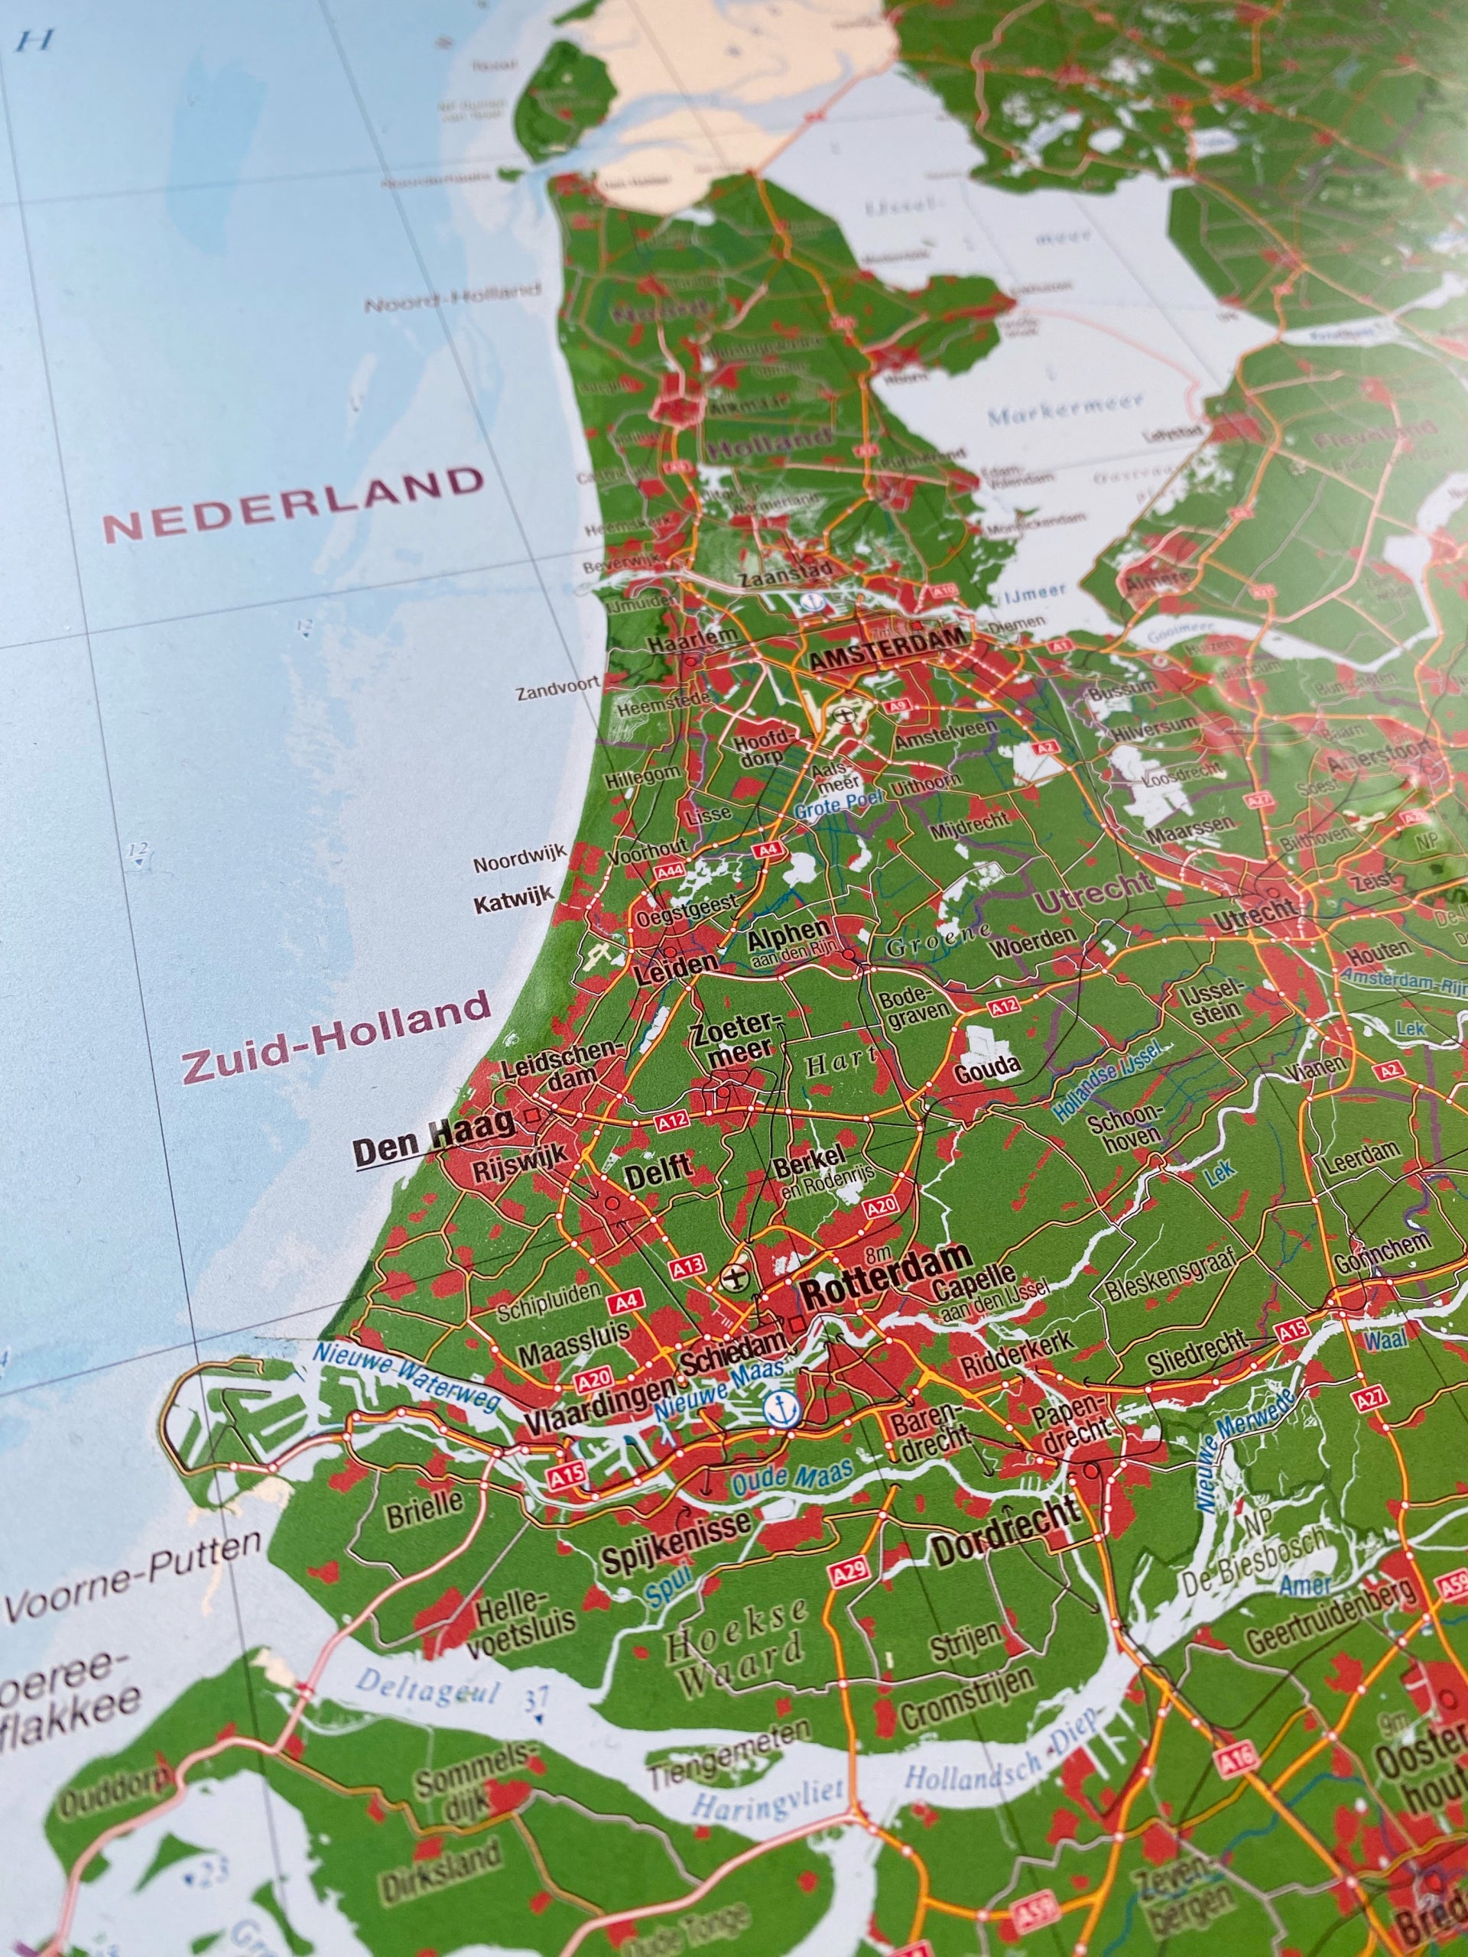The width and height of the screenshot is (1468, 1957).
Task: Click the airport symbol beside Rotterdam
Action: pos(732,1277)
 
